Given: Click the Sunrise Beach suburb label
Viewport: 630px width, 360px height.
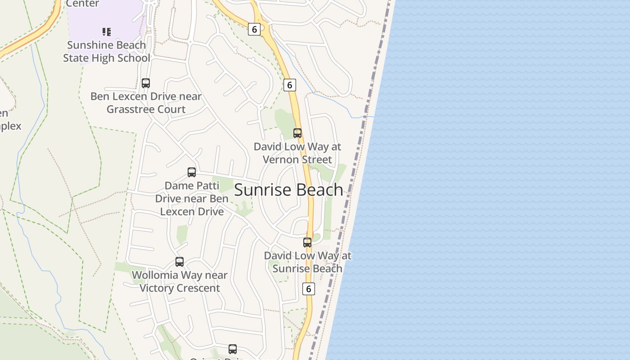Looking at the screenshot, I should [x=288, y=190].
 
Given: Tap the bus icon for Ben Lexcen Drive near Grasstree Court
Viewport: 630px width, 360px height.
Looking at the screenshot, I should [x=146, y=83].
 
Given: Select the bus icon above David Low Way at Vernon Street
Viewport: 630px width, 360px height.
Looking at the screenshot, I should [x=297, y=133].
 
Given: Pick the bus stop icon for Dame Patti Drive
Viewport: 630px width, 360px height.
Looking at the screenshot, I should [x=192, y=172].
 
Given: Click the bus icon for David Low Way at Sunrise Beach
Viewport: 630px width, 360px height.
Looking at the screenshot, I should [x=307, y=243].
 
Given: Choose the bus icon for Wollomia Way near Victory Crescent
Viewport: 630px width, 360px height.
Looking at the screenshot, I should [x=180, y=262].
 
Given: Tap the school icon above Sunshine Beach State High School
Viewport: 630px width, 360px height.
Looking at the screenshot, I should [x=106, y=31].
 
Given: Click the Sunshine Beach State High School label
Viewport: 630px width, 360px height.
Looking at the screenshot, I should [x=107, y=52].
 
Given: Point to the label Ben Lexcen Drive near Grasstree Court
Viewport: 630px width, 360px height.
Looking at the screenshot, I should [x=146, y=103].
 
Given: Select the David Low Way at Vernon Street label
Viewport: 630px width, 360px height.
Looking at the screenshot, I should [x=297, y=153].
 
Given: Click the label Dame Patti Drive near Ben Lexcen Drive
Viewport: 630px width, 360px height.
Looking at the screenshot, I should [x=192, y=198].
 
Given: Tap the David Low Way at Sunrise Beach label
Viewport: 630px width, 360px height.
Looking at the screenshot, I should [x=307, y=262].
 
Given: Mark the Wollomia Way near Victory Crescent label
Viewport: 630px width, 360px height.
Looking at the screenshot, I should [x=180, y=281].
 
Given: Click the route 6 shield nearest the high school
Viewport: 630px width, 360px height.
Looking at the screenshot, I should [x=254, y=29].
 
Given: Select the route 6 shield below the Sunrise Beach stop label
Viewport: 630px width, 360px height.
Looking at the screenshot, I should [x=308, y=289].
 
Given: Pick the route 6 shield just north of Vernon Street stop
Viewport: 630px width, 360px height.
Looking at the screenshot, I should [x=290, y=85].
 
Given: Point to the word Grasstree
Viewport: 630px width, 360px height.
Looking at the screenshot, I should [x=129, y=109].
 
